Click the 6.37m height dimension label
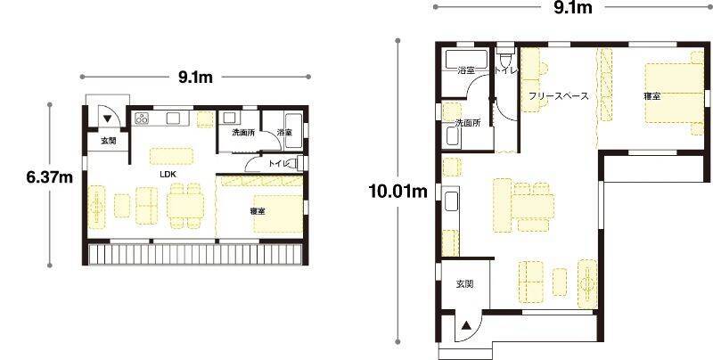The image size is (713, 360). coord(50,177)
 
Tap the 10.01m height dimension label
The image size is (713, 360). coord(398,192)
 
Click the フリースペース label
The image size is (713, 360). coord(559,96)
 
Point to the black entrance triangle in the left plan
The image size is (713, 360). coord(107,119)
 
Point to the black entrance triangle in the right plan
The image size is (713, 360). coord(466,325)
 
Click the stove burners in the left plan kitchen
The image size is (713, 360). coord(142,119)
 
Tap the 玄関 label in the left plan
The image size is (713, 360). coord(108,141)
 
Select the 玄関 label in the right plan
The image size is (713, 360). coord(464,284)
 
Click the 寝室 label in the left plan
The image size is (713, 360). coord(258,211)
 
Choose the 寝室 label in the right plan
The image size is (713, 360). coord(652,96)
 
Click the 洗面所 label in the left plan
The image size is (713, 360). coord(243,133)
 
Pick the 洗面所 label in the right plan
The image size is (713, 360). coord(468,123)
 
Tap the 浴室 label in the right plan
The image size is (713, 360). coord(466,70)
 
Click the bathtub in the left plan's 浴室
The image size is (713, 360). coord(294,131)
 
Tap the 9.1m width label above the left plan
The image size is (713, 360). coord(195,78)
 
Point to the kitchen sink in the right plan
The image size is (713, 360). coord(451,201)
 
